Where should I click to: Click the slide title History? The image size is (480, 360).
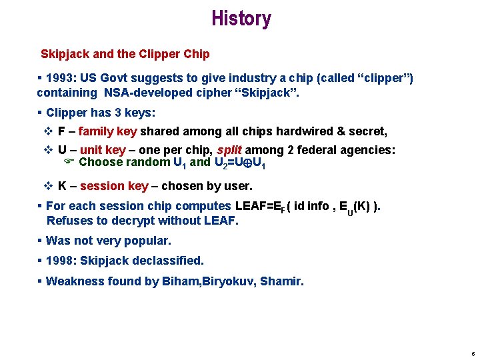point(241,19)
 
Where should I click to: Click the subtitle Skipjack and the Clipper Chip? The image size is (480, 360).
point(125,54)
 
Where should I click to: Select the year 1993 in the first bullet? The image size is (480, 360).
point(60,78)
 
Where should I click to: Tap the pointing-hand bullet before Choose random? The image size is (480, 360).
point(68,162)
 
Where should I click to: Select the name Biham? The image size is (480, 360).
point(179,281)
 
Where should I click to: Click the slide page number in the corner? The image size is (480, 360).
point(472,353)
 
